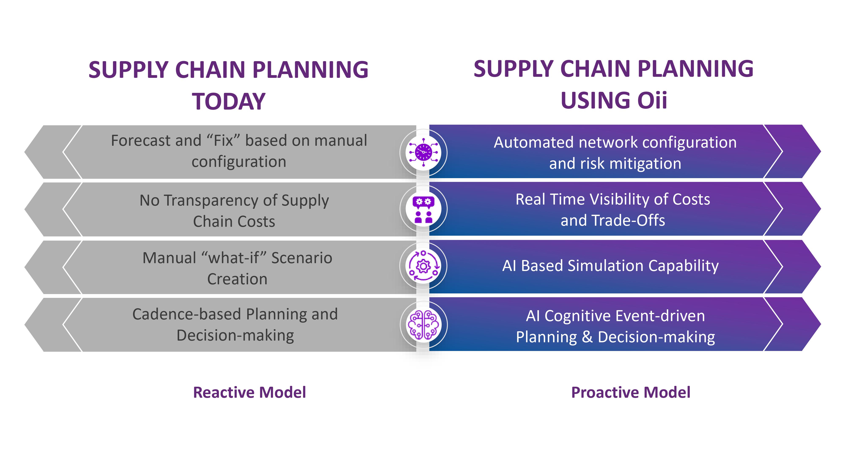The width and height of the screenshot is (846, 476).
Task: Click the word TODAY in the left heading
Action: pyautogui.click(x=229, y=102)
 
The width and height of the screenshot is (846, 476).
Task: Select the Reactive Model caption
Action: pyautogui.click(x=249, y=392)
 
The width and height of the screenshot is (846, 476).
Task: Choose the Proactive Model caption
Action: pyautogui.click(x=630, y=392)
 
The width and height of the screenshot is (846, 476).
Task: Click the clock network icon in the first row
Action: pyautogui.click(x=423, y=152)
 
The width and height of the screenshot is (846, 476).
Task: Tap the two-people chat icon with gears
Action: pyautogui.click(x=423, y=209)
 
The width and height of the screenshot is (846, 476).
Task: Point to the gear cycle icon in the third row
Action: pyautogui.click(x=423, y=266)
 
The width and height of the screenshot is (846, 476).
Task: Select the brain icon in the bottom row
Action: pyautogui.click(x=423, y=325)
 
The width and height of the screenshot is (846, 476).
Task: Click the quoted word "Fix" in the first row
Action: pyautogui.click(x=223, y=141)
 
